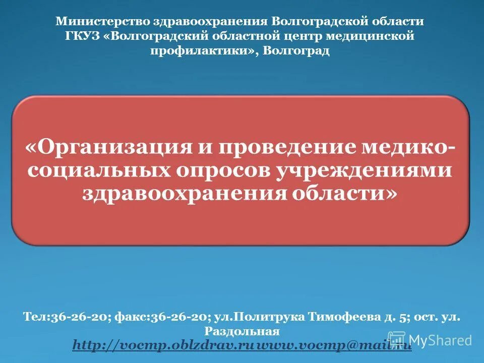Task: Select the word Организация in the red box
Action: tap(114, 147)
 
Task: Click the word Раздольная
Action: tap(241, 331)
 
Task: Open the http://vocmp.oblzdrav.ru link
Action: tap(161, 345)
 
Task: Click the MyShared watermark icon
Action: tap(397, 340)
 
